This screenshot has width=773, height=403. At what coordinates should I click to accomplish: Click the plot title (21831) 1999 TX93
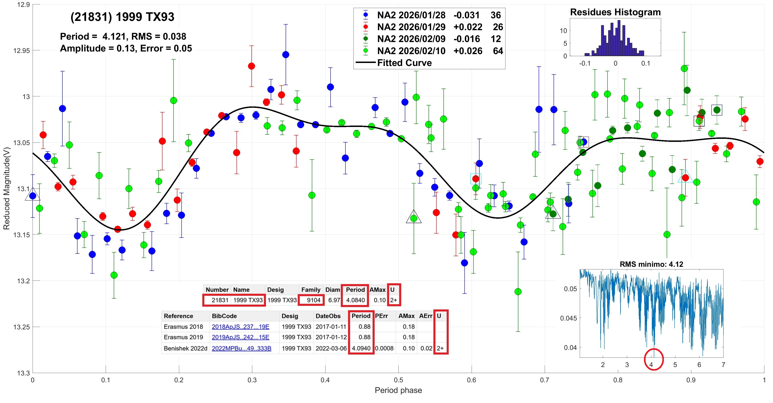coord(122,17)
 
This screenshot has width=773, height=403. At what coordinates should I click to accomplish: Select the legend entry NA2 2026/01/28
coord(411,15)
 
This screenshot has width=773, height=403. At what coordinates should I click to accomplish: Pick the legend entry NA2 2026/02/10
coord(411,51)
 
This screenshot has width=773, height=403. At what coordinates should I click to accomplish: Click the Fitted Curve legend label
coord(404,63)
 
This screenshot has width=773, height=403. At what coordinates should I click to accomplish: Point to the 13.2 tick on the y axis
coord(22,281)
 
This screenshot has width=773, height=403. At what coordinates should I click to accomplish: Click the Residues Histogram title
coord(615,12)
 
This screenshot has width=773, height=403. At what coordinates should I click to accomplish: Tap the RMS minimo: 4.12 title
coord(651,264)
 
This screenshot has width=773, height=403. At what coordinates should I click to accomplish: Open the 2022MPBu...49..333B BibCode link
coord(242,348)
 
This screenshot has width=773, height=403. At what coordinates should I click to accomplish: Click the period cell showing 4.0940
coord(361,348)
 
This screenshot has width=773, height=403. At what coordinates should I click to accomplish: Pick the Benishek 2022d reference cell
coord(185,348)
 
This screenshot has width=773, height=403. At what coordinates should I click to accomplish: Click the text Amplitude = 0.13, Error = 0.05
coord(126,48)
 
